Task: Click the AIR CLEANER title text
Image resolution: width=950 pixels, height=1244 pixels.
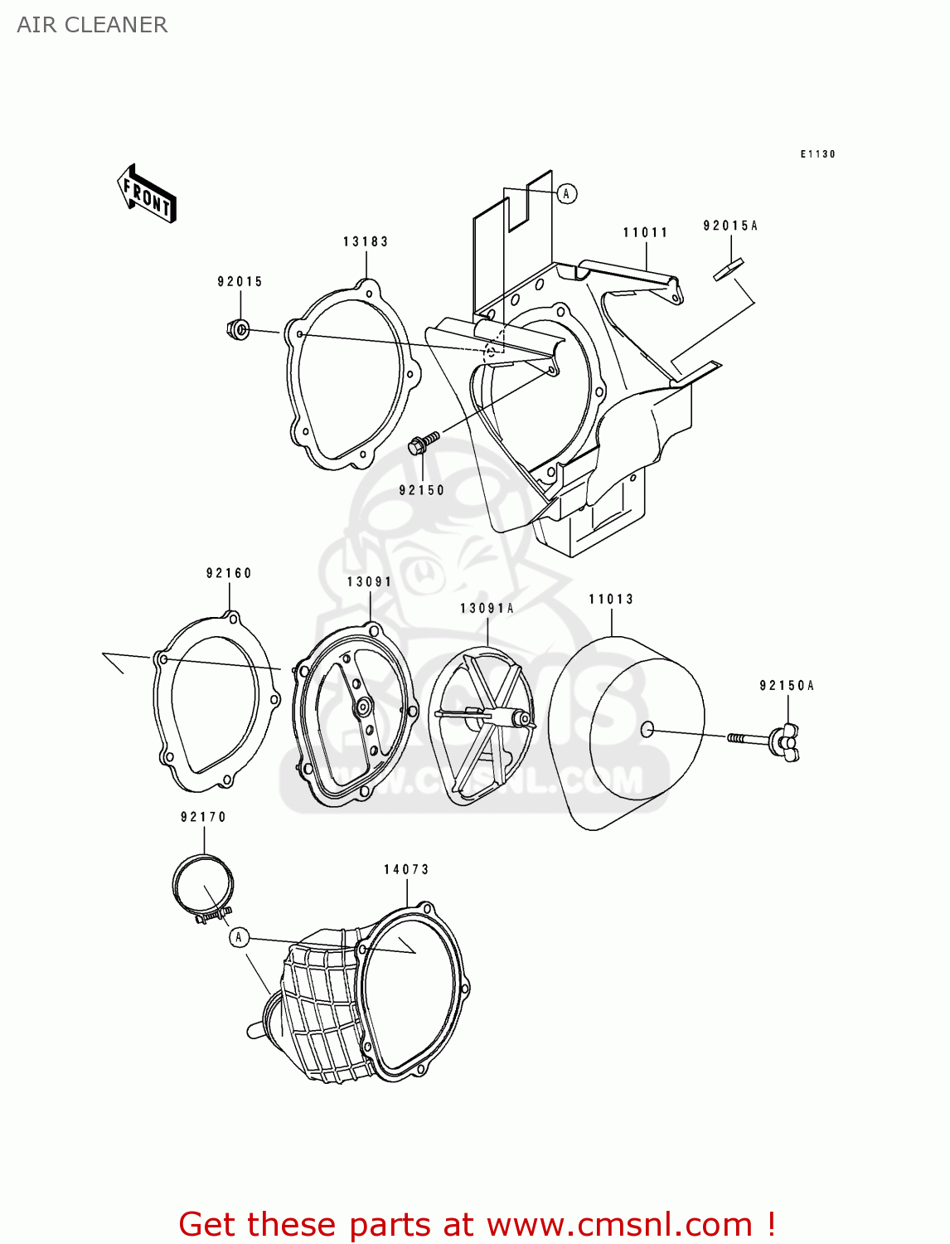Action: pos(92,25)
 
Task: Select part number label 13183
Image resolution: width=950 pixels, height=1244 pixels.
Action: pos(366,241)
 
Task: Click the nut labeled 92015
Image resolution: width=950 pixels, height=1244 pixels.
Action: pos(238,329)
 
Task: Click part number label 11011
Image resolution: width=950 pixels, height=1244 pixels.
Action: pos(645,232)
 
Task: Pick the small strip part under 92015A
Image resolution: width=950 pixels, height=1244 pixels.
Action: pos(728,270)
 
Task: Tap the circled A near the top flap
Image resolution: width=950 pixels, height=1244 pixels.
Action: pos(566,193)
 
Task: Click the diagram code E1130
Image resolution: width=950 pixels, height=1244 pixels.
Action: pos(817,154)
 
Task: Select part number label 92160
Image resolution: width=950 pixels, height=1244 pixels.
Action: pos(229,573)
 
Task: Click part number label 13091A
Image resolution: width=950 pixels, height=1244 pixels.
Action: pos(487,608)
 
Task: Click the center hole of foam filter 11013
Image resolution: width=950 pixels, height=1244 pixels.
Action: pos(647,730)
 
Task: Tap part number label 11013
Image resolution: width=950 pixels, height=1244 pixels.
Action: pos(611,599)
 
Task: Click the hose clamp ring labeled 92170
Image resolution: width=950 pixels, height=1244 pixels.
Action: pos(202,886)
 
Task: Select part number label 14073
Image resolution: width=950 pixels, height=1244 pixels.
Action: pos(406,869)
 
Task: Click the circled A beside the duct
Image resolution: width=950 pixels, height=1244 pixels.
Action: pos(239,937)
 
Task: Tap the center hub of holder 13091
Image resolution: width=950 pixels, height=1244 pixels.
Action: pos(362,707)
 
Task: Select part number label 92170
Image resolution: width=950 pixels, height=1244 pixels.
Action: pos(203,817)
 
